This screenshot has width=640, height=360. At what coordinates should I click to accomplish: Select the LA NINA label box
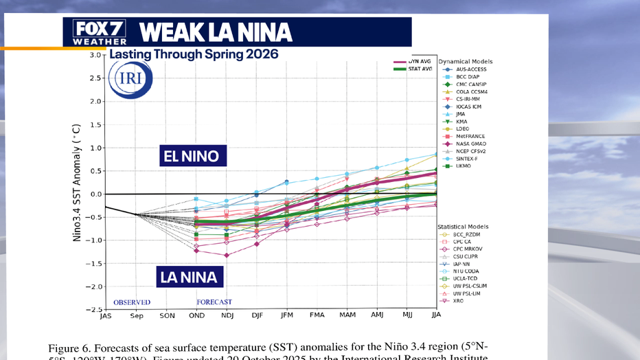pyautogui.click(x=188, y=278)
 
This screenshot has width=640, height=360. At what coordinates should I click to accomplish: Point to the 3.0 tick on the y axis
pyautogui.click(x=95, y=55)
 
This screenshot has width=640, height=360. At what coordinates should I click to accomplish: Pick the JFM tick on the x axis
pyautogui.click(x=286, y=316)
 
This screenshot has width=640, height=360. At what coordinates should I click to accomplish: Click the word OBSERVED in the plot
pyautogui.click(x=132, y=302)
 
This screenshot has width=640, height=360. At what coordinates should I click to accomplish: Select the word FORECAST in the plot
pyautogui.click(x=214, y=302)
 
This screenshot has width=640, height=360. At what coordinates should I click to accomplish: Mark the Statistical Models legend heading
pyautogui.click(x=465, y=227)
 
